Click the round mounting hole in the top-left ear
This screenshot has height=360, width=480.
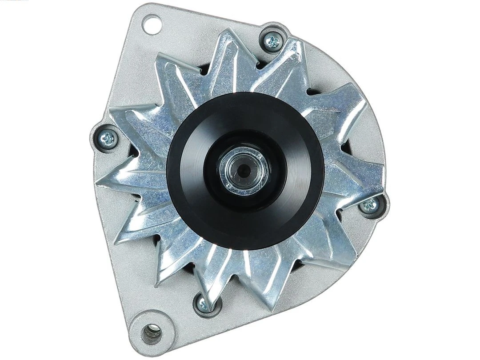click(x=151, y=23)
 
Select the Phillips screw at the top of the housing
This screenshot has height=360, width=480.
click(x=272, y=42)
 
